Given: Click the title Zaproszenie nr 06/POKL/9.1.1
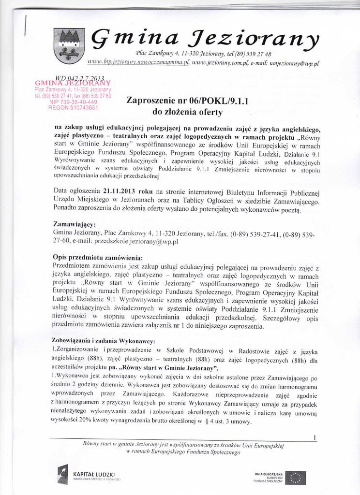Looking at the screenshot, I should (x=187, y=101).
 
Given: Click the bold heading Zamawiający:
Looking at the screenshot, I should (x=74, y=225).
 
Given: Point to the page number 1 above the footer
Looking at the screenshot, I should (x=315, y=438).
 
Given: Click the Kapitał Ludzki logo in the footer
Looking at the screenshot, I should (x=88, y=475).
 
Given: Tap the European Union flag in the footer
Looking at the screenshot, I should (x=296, y=478).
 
